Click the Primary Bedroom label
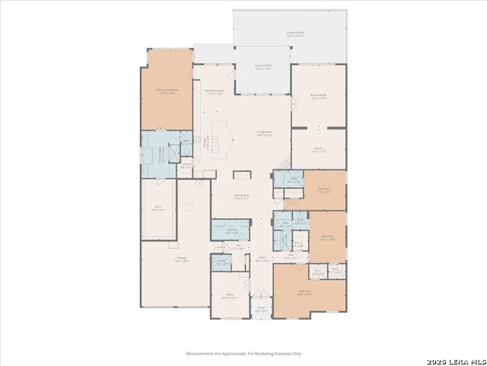(167, 91)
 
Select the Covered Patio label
(263, 67)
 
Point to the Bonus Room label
(318, 97)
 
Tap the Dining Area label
(242, 197)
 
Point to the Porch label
(261, 310)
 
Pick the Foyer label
(262, 259)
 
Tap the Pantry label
(186, 165)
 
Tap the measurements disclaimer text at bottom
(243, 353)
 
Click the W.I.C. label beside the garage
(158, 208)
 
